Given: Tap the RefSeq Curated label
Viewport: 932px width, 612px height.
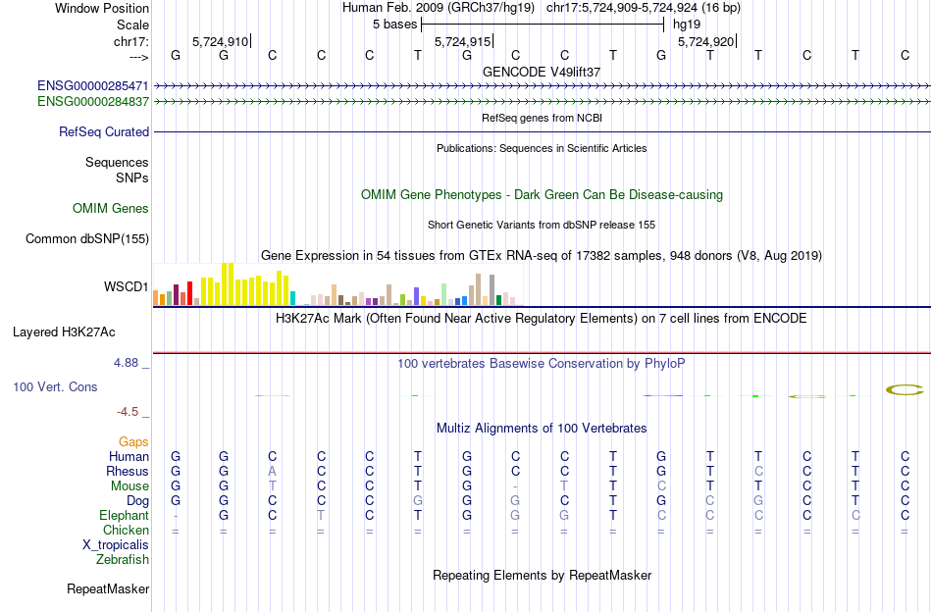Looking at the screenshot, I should tap(104, 131).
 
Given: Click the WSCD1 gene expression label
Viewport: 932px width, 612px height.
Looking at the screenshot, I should tap(127, 287).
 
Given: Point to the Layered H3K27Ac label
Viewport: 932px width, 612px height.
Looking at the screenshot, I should tap(80, 331).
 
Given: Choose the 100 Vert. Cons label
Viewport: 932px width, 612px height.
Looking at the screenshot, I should tap(55, 387).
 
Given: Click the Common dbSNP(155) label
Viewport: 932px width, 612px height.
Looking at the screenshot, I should tap(87, 238).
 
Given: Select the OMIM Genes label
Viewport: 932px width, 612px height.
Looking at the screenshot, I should tap(111, 208).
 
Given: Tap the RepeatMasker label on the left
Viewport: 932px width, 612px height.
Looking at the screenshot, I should tap(108, 589).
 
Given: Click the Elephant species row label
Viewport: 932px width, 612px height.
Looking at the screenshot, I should tap(124, 515).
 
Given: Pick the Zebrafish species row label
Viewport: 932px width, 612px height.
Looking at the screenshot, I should tap(123, 560).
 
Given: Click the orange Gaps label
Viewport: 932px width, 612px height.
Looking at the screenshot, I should tap(133, 442).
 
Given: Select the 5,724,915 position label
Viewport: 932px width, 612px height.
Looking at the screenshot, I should tap(462, 42).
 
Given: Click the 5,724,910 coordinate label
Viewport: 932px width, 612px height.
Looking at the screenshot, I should tap(221, 42).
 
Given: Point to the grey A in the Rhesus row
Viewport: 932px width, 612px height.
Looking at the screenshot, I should tap(273, 471).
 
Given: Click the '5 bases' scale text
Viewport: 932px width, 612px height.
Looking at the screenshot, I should tap(395, 24).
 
